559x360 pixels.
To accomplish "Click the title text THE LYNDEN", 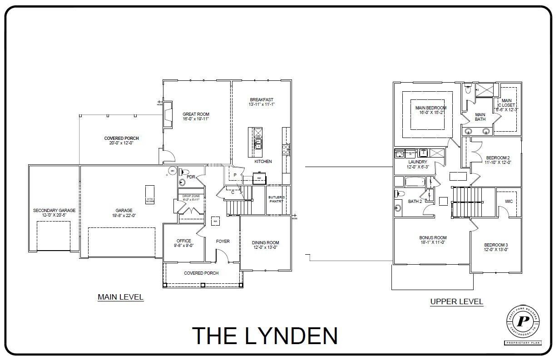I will pos(265,335).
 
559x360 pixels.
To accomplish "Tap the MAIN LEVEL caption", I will pos(120,297).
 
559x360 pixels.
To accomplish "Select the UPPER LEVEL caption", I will pos(456,301).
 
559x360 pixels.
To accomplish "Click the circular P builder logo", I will pos(523,321).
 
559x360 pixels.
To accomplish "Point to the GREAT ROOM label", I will pos(196,114).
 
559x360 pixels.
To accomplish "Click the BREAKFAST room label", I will pos(262,100).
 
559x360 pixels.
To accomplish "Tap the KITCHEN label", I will pos(263,161).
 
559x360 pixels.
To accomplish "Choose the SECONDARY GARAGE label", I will pos(54,211).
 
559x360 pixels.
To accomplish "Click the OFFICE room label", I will pos(183,241).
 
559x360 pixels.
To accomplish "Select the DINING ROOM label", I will pos(265,243).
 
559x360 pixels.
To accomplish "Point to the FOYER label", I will pos(223,242).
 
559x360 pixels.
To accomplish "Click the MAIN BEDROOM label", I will pos(431,108).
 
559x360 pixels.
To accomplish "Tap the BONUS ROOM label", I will pos(433,237).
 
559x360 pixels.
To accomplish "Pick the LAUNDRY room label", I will pos(417,162).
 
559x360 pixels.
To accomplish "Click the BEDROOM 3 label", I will pos(496,245).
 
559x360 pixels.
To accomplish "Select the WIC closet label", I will pos(508,201).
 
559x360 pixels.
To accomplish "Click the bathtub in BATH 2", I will pos(414,182).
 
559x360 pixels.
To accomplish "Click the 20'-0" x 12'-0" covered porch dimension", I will pos(121,143).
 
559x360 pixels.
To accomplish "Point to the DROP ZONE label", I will pos(191,196).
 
